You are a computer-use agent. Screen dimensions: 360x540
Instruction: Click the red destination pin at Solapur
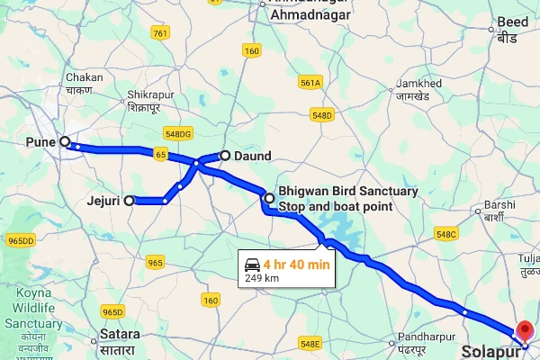coord(525,330)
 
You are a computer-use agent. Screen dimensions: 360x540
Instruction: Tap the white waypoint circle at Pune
coord(64,141)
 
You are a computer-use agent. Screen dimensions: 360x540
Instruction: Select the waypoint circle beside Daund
coord(225,155)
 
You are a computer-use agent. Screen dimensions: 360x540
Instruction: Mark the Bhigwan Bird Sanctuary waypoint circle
coord(268,198)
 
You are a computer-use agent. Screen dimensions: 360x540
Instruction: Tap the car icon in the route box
coord(251,265)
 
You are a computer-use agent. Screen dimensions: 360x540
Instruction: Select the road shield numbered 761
coord(160,33)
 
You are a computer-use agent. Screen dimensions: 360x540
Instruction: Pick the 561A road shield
coord(310,83)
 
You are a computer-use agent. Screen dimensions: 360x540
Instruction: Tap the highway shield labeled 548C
coord(445,234)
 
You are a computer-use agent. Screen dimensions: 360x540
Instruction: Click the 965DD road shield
coord(20,241)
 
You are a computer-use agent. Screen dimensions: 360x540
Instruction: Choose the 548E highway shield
coord(310,343)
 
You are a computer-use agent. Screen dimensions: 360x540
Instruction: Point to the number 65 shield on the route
coord(160,155)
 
